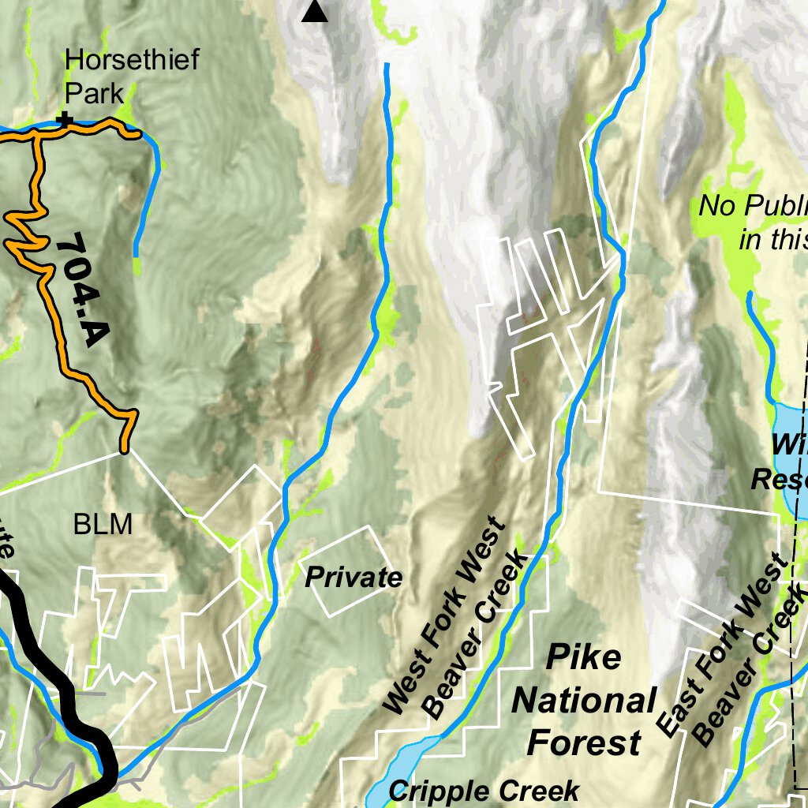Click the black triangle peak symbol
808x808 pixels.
click(315, 12)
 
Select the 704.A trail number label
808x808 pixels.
click(81, 289)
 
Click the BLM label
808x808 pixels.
click(103, 525)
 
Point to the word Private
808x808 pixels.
click(353, 578)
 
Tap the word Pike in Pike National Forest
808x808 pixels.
click(583, 656)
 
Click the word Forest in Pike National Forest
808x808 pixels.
click(583, 743)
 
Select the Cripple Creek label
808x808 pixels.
click(484, 791)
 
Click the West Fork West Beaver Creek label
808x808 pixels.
click(455, 617)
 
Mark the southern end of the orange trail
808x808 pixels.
click(124, 450)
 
